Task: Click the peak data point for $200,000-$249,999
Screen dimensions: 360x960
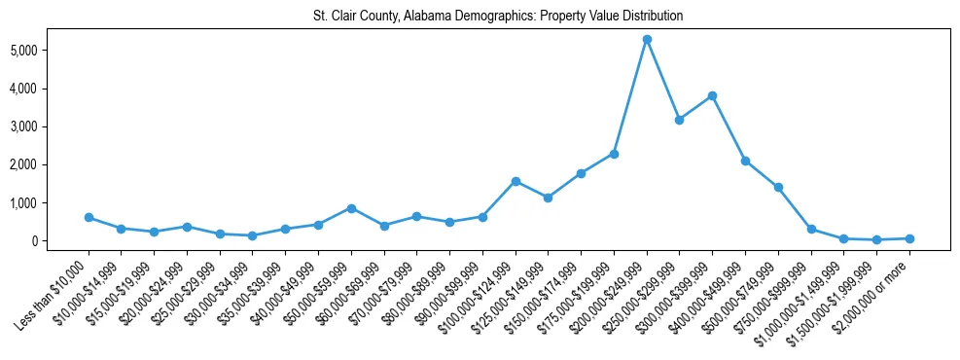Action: tap(647, 39)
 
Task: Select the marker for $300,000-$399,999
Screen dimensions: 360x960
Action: tap(712, 95)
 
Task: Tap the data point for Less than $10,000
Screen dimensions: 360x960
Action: tap(89, 217)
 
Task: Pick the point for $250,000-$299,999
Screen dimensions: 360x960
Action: tap(679, 120)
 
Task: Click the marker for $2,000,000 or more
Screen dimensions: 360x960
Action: tap(909, 238)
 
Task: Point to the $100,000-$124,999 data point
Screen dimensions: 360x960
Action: tap(516, 181)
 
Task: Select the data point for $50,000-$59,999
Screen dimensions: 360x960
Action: tap(351, 208)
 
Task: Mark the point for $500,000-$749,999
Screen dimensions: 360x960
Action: tap(778, 187)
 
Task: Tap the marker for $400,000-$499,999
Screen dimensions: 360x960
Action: tap(745, 161)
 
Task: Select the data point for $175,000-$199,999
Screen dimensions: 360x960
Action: tap(614, 154)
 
